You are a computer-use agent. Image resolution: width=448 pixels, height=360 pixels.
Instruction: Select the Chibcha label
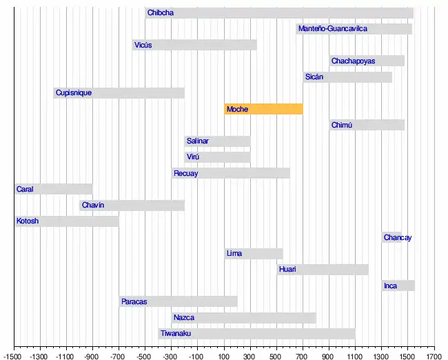pyautogui.click(x=161, y=13)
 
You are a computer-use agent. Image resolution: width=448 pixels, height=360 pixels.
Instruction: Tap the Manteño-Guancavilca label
pyautogui.click(x=333, y=29)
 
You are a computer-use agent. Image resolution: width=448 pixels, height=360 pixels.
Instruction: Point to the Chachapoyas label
pyautogui.click(x=353, y=61)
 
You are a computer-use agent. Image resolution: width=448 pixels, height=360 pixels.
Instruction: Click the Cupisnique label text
pyautogui.click(x=74, y=93)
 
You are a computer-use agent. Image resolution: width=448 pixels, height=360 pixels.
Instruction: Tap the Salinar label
pyautogui.click(x=198, y=141)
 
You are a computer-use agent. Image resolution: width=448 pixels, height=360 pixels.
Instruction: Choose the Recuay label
pyautogui.click(x=185, y=173)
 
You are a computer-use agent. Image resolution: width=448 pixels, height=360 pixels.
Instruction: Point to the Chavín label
pyautogui.click(x=93, y=206)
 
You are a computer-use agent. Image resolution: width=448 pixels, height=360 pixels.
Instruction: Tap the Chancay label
pyautogui.click(x=398, y=238)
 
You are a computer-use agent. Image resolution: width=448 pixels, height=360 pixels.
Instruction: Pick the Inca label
pyautogui.click(x=391, y=286)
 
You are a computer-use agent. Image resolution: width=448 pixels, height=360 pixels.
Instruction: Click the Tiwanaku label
pyautogui.click(x=176, y=334)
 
